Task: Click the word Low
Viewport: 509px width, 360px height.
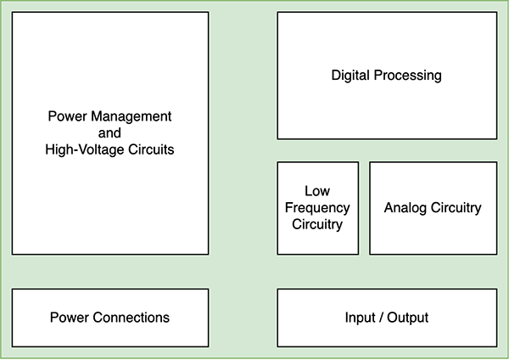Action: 317,191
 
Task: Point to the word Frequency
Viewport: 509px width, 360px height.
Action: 317,208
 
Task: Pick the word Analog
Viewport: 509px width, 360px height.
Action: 406,208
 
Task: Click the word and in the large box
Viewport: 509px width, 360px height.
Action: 110,132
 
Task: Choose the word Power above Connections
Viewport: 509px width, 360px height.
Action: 67,318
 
